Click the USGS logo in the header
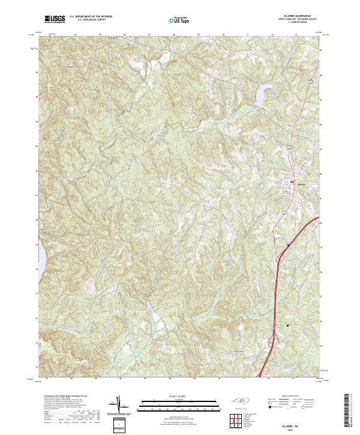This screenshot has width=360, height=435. click(x=55, y=19)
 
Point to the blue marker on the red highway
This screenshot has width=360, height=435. click(x=287, y=245)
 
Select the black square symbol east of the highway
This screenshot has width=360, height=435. click(x=288, y=325)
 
